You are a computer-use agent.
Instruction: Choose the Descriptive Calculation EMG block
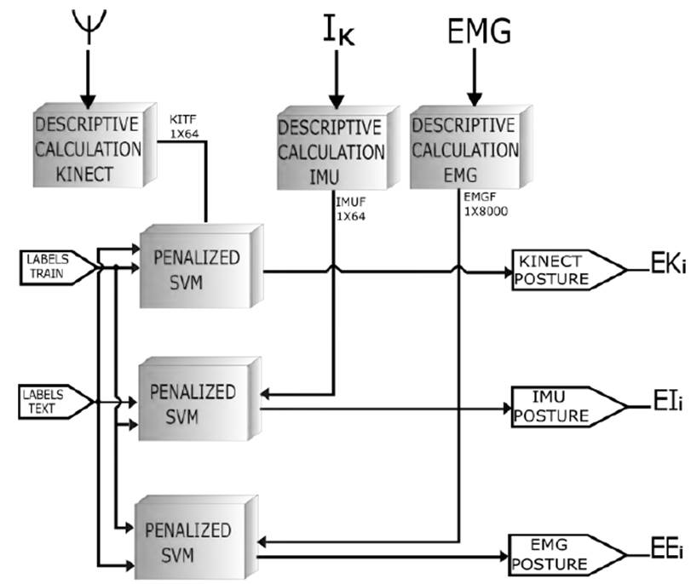(464, 152)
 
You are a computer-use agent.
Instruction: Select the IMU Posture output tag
(559, 407)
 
